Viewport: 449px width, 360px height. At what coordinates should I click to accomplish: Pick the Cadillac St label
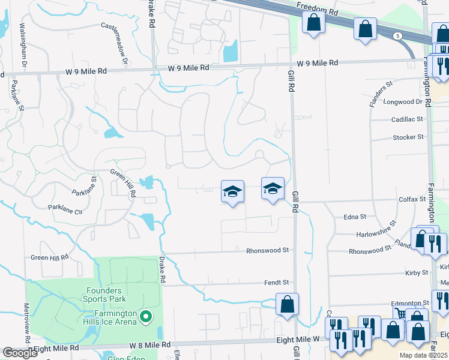(408, 119)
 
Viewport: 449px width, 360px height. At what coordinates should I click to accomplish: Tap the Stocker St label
(408, 137)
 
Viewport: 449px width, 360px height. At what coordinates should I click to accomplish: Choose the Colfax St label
(412, 199)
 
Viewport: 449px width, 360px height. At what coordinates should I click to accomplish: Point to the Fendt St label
(277, 282)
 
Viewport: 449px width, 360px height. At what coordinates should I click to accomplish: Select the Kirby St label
(412, 273)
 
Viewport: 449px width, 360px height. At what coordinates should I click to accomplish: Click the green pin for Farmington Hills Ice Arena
(144, 316)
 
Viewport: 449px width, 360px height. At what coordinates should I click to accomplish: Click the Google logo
(20, 353)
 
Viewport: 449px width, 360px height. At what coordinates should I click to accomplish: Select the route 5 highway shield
(398, 36)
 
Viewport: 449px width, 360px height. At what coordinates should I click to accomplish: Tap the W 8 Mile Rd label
(151, 346)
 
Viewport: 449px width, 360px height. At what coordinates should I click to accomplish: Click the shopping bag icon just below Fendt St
(288, 304)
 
